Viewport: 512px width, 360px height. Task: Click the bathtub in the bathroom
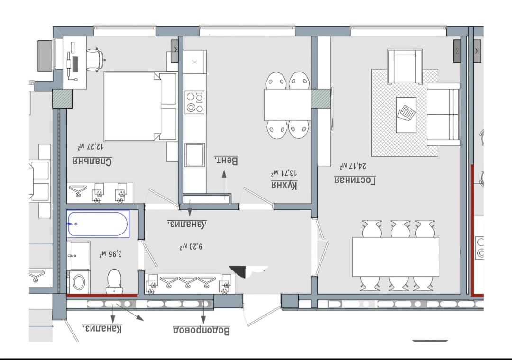click(98, 224)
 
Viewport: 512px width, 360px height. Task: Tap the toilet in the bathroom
click(114, 281)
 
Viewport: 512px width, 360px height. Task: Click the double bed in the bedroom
click(140, 107)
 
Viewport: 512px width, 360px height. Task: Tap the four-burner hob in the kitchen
click(195, 102)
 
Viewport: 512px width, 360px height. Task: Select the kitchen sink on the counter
click(195, 155)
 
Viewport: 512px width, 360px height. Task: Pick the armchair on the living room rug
click(405, 67)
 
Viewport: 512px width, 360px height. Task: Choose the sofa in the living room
click(443, 114)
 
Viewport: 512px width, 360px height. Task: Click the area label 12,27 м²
click(91, 146)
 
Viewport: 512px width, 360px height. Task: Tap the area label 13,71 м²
click(284, 172)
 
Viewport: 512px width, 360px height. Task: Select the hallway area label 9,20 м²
click(191, 247)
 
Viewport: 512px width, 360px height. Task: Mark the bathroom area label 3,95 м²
click(110, 254)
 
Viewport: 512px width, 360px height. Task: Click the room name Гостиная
click(355, 180)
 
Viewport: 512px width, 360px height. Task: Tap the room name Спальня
click(92, 161)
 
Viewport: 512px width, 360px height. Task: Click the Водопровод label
click(201, 330)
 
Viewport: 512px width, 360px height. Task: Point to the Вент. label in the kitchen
click(226, 160)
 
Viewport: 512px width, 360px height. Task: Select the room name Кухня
click(284, 186)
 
